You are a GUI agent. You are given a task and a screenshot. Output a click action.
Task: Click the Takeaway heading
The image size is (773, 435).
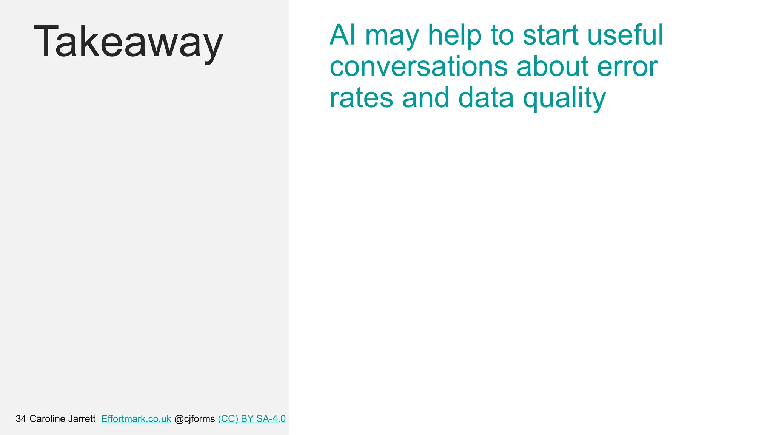128,42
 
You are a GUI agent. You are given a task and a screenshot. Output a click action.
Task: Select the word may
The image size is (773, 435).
392,36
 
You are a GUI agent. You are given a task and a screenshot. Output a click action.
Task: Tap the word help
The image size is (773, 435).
455,35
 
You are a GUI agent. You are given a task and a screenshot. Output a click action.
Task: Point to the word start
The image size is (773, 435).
550,35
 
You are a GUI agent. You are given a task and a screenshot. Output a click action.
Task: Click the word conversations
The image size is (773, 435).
419,66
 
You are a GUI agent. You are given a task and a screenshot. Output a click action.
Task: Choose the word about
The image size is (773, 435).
552,66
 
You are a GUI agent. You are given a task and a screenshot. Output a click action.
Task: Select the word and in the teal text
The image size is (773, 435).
425,98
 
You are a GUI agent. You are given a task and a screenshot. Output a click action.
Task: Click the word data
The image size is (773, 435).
486,98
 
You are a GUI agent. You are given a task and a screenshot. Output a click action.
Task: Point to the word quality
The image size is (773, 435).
564,99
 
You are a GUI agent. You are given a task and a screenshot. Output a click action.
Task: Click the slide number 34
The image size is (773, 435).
21,419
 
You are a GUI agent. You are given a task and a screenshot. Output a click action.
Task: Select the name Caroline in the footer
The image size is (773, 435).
48,419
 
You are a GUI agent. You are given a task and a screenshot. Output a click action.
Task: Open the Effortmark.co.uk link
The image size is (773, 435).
136,419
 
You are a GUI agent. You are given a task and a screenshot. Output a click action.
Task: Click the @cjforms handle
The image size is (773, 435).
194,419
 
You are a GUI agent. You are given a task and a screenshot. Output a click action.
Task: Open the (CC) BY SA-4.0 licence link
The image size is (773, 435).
252,419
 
